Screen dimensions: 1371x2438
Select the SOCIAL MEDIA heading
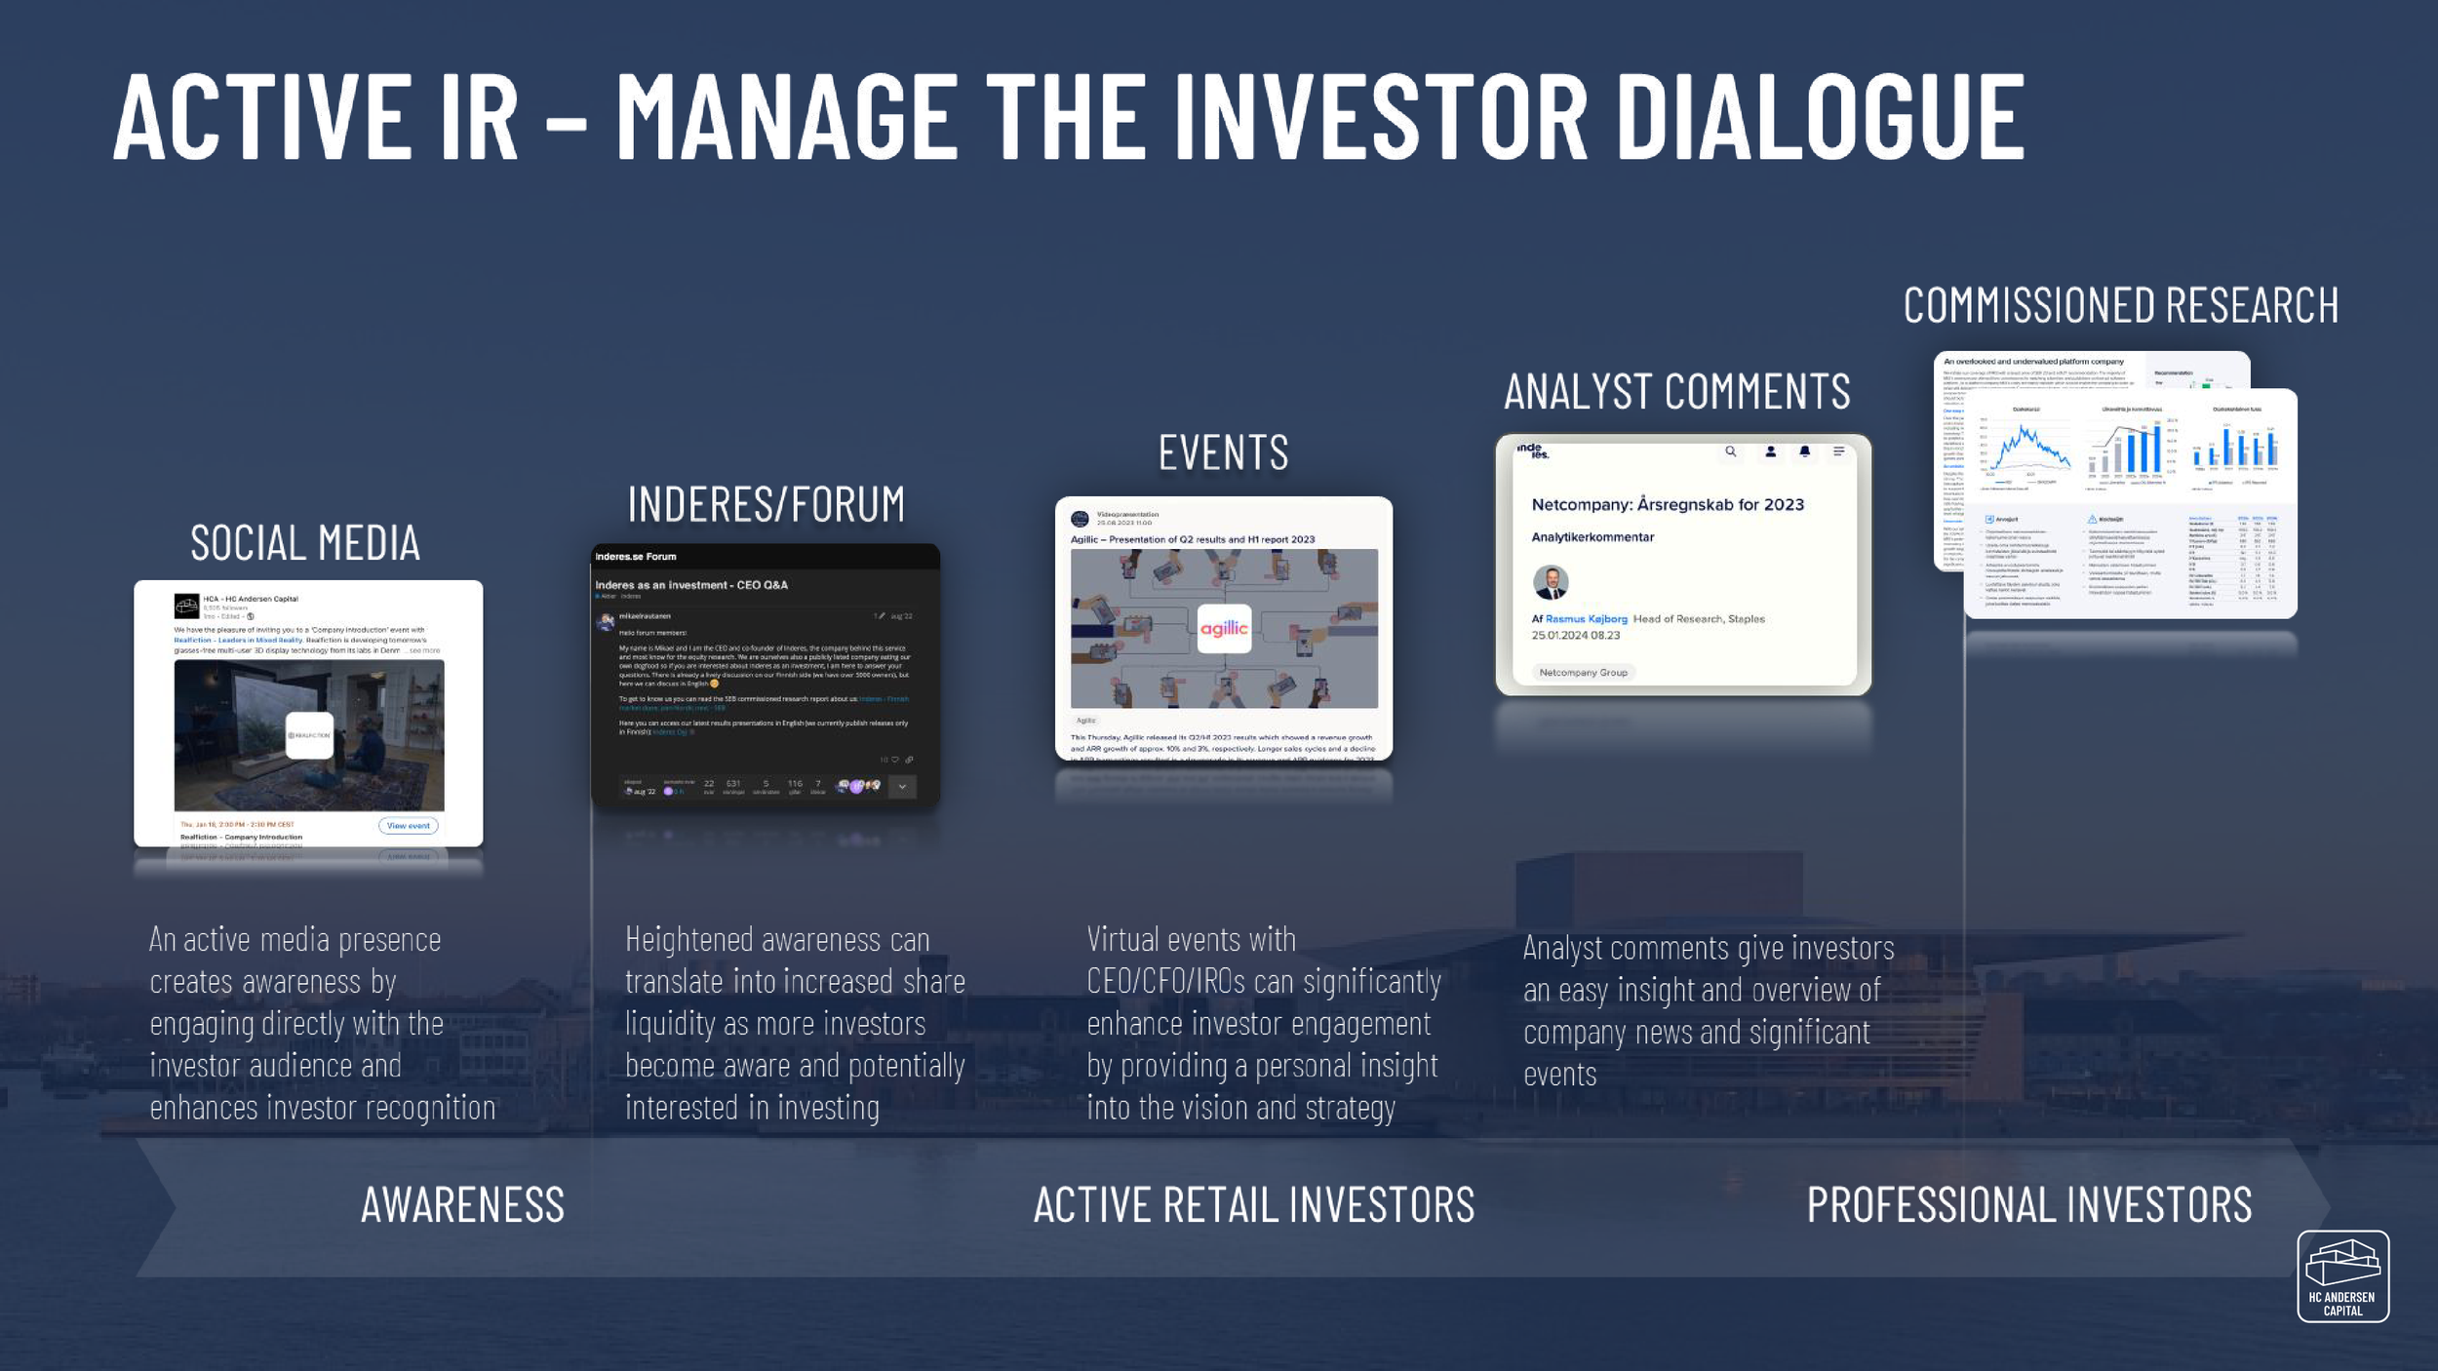coord(304,543)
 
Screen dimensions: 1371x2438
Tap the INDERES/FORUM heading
coord(766,505)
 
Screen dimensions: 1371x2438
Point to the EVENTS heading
coord(1223,453)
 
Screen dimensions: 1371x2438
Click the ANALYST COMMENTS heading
coord(1676,392)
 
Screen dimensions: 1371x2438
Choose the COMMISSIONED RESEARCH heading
coord(2120,305)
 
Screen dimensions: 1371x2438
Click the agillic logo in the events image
coord(1223,629)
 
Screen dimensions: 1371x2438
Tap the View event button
coord(408,826)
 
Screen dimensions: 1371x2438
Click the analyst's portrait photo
coord(1550,582)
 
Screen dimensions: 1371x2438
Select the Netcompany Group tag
coord(1583,672)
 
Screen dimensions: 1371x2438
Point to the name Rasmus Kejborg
coord(1586,619)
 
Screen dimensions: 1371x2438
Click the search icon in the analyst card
coord(1730,451)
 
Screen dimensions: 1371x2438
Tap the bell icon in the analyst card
coord(1804,451)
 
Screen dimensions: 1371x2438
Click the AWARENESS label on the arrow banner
coord(462,1205)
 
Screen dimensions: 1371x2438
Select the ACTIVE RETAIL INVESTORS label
coord(1253,1205)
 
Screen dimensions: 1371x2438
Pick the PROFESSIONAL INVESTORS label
coord(2028,1205)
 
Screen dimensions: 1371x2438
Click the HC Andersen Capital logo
coord(2342,1275)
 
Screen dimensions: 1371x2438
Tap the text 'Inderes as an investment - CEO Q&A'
coord(691,585)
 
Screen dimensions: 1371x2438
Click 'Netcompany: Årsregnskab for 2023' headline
coord(1668,505)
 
